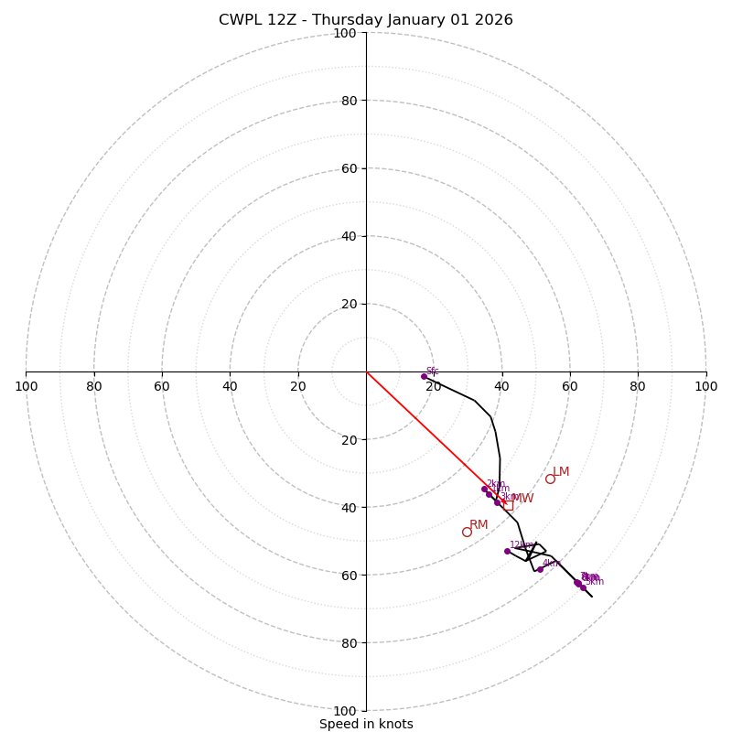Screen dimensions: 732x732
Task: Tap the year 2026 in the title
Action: point(494,20)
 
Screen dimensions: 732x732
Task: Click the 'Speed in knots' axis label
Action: point(366,724)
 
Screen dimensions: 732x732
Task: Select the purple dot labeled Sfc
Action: point(424,376)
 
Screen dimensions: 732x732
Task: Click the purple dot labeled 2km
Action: point(484,489)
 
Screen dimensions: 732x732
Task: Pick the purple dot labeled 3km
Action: point(497,502)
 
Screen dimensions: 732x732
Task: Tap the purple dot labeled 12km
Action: point(507,551)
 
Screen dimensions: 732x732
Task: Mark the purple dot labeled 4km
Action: point(540,569)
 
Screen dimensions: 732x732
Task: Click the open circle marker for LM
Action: point(550,479)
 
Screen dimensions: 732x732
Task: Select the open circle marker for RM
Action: point(467,532)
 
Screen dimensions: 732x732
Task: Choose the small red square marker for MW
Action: point(508,505)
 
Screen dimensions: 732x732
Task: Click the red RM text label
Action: point(479,524)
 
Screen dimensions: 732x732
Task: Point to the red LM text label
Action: point(561,472)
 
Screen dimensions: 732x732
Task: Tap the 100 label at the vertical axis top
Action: point(345,33)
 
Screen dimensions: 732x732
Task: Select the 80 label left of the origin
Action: point(94,386)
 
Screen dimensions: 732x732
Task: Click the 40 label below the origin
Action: point(349,507)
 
